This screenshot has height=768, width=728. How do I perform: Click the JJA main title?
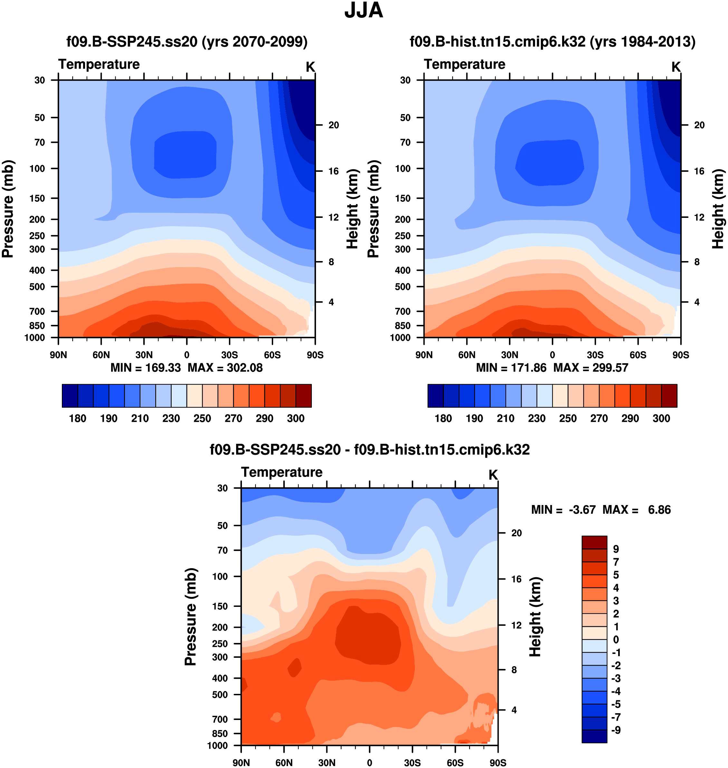(x=364, y=11)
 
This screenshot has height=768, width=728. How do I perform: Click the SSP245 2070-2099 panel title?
(x=187, y=42)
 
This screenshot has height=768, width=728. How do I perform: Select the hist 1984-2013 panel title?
(x=552, y=42)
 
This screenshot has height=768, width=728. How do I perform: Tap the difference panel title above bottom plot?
(x=369, y=450)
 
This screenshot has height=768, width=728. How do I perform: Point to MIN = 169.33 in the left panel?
(x=146, y=368)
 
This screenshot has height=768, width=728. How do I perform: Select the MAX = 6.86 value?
(x=637, y=510)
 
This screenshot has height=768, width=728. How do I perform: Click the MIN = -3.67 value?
(x=563, y=510)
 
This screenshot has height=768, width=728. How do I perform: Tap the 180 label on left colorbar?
(x=78, y=419)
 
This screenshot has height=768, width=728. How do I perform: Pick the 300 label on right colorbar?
(x=661, y=419)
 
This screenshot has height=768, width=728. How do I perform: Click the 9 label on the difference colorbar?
(x=616, y=549)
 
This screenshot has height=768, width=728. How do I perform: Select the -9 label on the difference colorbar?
(x=616, y=730)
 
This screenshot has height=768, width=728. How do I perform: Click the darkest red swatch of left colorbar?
(x=303, y=396)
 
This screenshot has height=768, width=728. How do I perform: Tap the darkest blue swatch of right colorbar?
(x=436, y=396)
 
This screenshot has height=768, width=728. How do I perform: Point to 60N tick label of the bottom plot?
(x=284, y=763)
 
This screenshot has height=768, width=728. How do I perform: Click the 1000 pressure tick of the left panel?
(x=34, y=338)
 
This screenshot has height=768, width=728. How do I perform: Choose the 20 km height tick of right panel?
(x=699, y=125)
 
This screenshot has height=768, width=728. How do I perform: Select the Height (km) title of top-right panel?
(x=718, y=209)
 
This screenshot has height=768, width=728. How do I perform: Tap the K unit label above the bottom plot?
(x=493, y=475)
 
